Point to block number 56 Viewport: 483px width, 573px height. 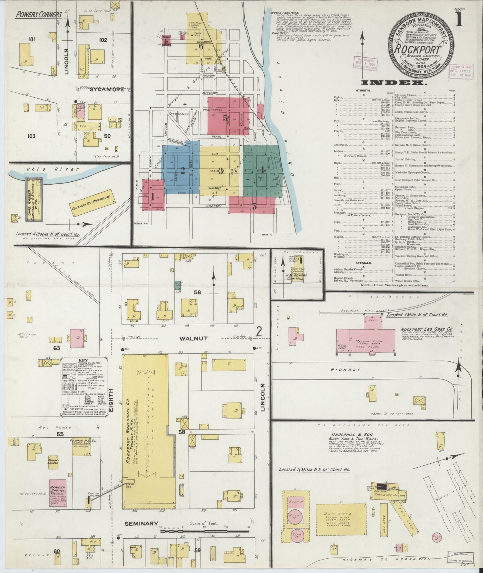coord(198,292)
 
